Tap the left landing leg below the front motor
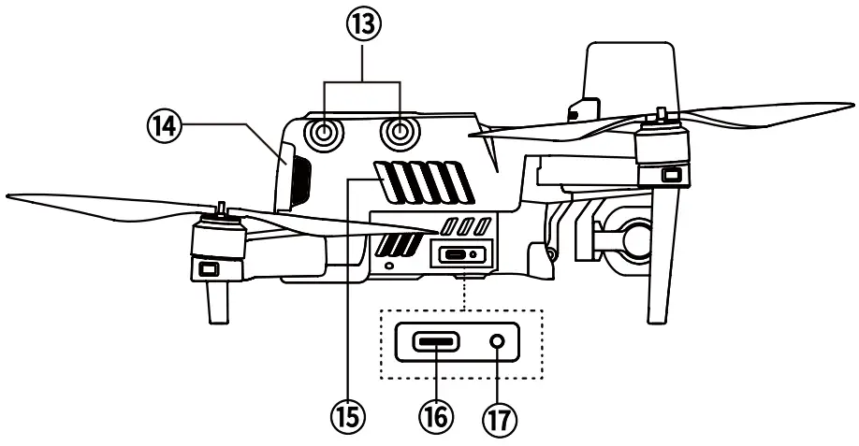(214, 302)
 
